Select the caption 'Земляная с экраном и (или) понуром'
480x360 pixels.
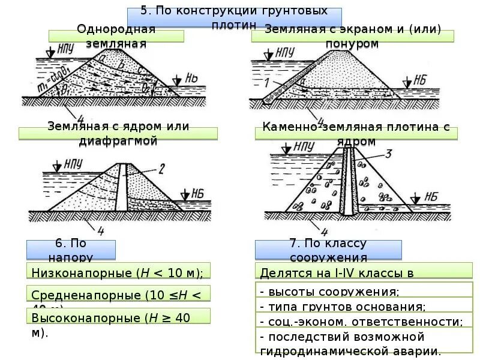tap(352, 36)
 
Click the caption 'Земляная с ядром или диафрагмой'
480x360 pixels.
tap(118, 133)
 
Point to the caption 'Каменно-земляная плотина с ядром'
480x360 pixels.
tap(356, 134)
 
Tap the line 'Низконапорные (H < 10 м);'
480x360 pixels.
tap(118, 272)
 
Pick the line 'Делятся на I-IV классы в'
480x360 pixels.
tap(337, 273)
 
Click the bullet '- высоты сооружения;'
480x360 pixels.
tap(329, 292)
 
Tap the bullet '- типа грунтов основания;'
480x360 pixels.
tap(343, 307)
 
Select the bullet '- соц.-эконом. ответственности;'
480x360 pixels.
tap(361, 322)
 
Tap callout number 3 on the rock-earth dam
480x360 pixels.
tap(388, 154)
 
